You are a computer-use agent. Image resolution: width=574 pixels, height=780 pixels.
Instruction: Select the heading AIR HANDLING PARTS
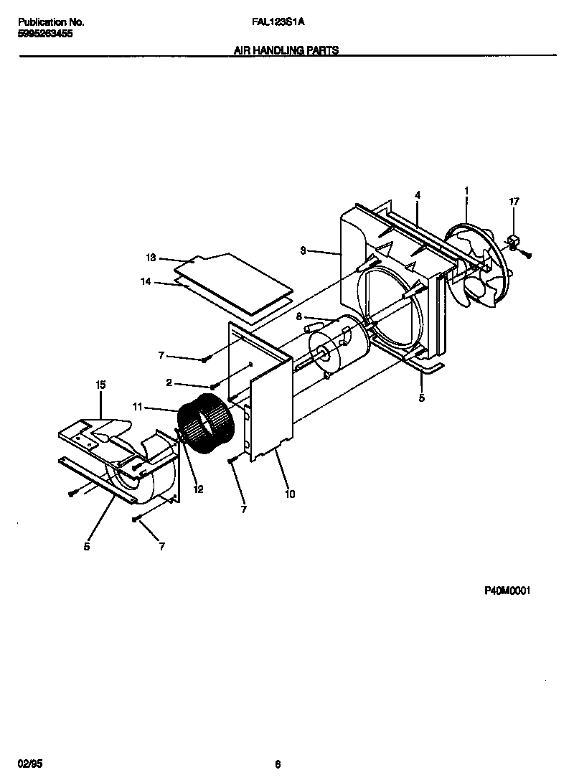point(286,51)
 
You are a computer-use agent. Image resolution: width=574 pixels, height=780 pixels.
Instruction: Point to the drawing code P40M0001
point(511,591)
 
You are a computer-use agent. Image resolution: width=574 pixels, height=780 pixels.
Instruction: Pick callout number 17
point(514,202)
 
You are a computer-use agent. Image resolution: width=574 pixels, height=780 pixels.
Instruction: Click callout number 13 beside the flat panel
point(150,258)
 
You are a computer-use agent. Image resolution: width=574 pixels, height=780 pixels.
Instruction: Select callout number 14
point(146,282)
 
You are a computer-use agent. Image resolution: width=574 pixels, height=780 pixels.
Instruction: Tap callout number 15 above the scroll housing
point(100,386)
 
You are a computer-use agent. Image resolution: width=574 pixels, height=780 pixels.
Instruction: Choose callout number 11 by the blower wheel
point(138,407)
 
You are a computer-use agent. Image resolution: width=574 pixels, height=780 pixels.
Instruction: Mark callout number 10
point(290,494)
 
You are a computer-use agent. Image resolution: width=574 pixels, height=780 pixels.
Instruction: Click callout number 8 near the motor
point(298,316)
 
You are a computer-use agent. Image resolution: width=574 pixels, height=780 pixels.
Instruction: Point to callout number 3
point(303,250)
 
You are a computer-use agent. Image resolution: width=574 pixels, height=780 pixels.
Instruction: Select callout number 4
point(418,194)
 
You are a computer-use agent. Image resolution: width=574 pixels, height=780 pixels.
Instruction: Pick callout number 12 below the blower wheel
point(198,489)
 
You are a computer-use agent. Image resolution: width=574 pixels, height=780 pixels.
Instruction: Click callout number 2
point(169,383)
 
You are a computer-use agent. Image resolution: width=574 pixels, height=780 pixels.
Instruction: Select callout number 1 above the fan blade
point(466,190)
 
